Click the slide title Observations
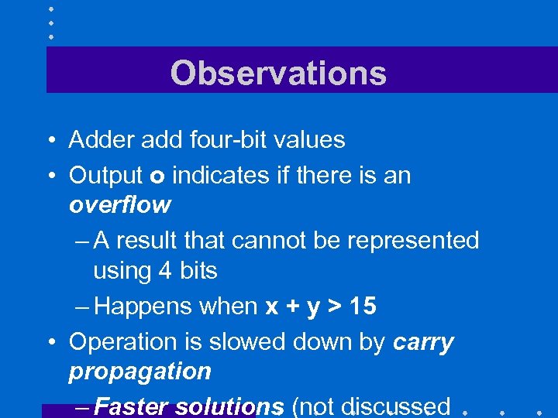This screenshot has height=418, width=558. [x=278, y=74]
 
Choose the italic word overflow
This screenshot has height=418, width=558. [x=119, y=205]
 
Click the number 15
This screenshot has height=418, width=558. [x=362, y=307]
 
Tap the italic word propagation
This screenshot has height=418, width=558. [x=139, y=372]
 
